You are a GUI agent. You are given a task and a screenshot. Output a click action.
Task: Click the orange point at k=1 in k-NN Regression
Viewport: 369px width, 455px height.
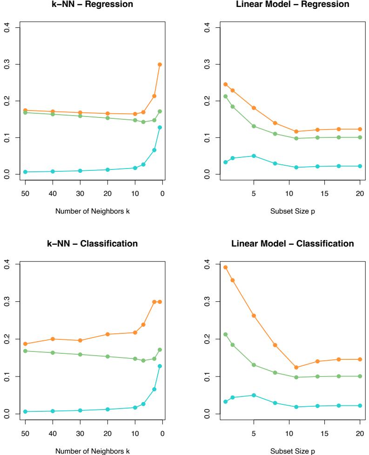click(160, 65)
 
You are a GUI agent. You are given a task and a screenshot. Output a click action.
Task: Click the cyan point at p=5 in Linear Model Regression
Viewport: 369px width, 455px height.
click(254, 156)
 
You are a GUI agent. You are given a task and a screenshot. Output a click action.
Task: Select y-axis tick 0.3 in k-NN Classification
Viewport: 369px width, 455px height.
click(5, 302)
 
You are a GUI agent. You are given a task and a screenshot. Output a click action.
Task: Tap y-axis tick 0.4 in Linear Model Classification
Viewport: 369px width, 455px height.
click(199, 265)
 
